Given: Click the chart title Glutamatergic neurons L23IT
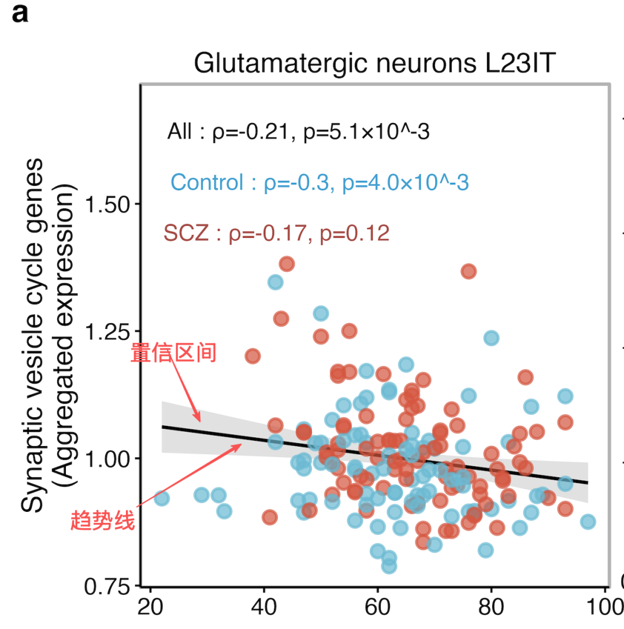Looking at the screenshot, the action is point(374,63).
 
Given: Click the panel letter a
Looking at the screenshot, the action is point(20,14).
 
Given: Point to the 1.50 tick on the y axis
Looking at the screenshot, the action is point(107,204).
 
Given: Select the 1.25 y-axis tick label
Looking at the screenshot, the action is point(107,331).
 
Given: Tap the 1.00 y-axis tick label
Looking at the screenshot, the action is point(107,459).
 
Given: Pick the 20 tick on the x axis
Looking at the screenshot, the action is point(150,606).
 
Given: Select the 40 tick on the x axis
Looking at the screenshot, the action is point(264,606).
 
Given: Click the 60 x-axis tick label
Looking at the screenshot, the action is point(377,606).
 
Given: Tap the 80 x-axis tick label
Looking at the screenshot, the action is point(491,606).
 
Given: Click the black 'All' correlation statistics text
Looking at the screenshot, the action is point(298,132).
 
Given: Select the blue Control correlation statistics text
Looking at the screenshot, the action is point(320,182).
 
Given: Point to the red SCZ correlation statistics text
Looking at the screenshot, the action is point(277,233).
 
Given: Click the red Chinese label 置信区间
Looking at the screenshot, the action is point(173,353).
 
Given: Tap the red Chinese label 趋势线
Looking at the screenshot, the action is point(103,521).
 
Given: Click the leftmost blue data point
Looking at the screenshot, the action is point(161,499).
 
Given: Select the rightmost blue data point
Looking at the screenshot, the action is point(588,522).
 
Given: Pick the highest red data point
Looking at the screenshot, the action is point(287,264).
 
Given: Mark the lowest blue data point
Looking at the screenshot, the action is point(389,567).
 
